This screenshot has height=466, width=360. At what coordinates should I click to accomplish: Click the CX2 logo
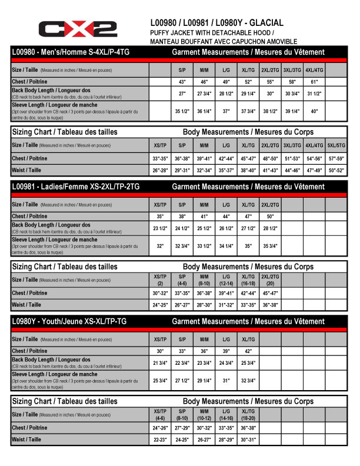77,28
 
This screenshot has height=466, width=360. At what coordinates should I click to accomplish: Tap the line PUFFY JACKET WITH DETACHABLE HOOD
213,32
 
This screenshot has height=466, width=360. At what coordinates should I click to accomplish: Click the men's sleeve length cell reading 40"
314,111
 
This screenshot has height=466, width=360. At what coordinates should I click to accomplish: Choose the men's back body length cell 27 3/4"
204,94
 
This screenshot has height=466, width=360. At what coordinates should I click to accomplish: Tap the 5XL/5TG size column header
336,145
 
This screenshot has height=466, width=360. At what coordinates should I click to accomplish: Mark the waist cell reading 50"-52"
336,170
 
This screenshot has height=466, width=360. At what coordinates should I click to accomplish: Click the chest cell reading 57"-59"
336,158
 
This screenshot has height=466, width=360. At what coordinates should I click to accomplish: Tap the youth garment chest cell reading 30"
159,351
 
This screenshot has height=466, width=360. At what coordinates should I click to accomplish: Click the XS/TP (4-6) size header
159,414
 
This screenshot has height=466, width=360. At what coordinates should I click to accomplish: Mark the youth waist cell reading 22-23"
159,440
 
